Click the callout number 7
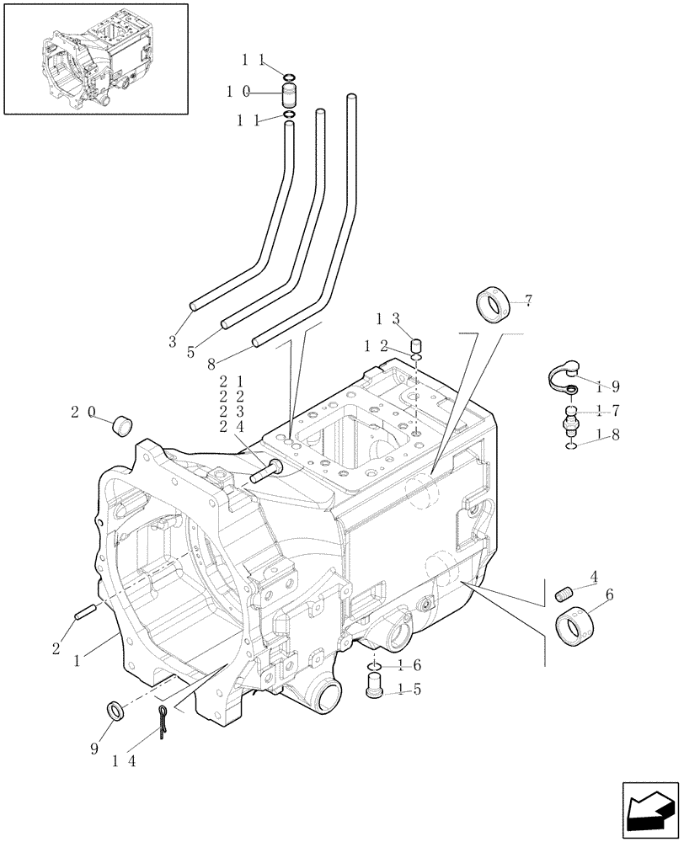coord(528,301)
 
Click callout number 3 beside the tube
coord(172,341)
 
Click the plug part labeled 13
coord(415,345)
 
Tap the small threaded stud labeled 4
coord(565,594)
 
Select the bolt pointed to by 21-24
coord(265,473)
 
